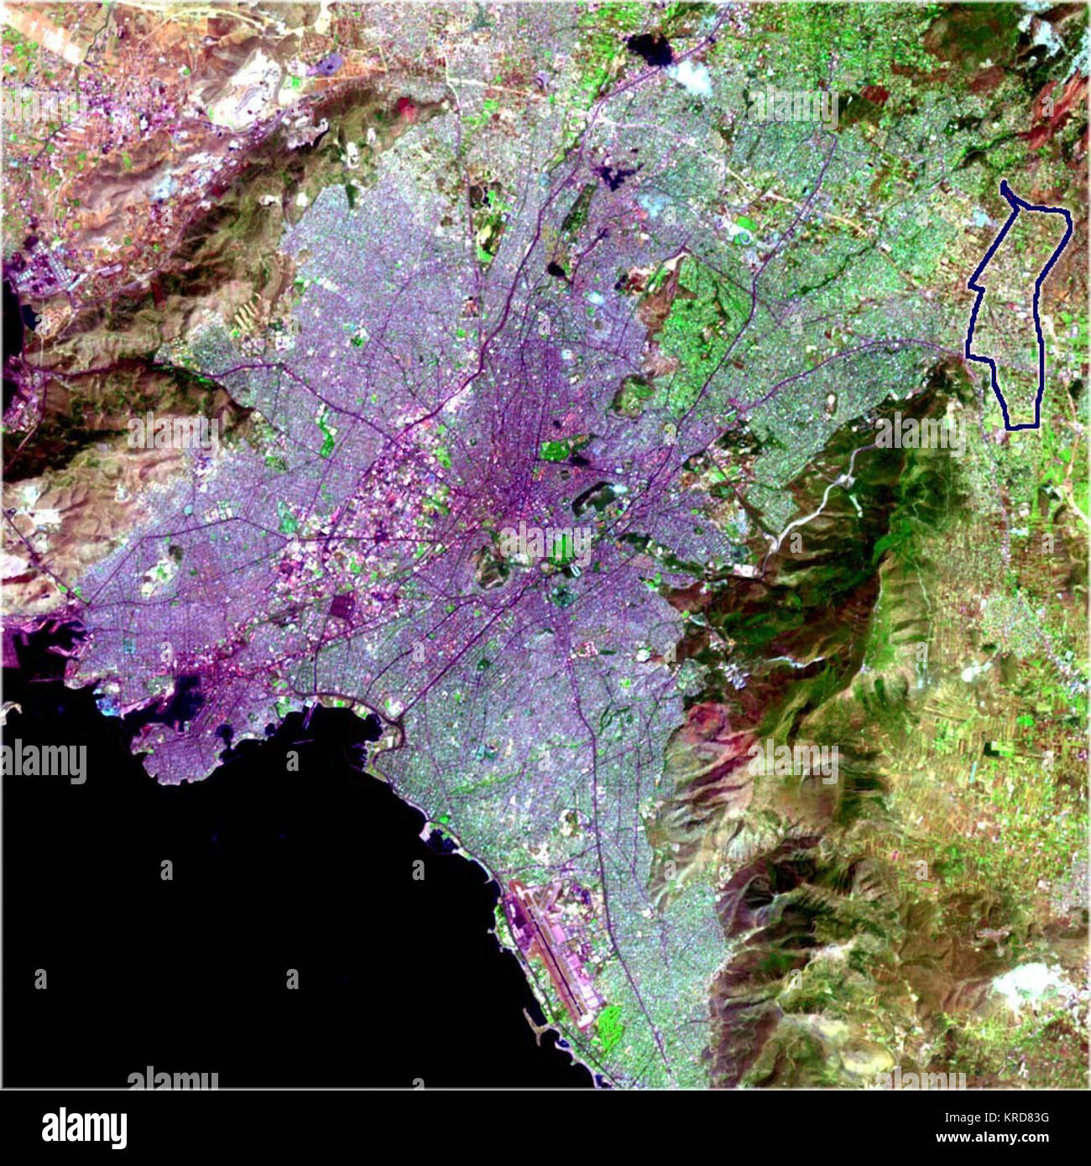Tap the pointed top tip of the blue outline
pos(1005,183)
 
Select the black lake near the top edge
pos(650,49)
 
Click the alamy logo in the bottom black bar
pos(84,1128)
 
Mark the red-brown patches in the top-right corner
pos(1053,105)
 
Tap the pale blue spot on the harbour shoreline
pos(109,704)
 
